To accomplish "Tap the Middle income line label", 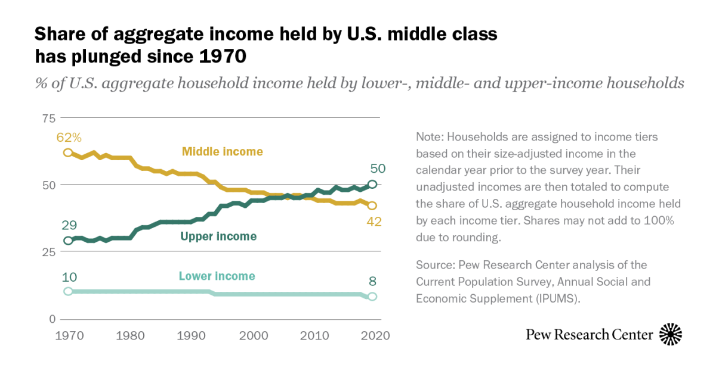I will tap(223, 152).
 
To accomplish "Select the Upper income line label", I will tap(218, 236).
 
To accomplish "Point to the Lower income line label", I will tap(217, 276).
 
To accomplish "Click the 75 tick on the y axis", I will tap(47, 118).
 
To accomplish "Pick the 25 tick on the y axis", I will tap(47, 252).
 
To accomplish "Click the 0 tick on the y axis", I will tap(51, 319).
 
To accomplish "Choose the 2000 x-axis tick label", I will tap(251, 335).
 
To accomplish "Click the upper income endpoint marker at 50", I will tap(373, 185).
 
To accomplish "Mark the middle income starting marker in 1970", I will tap(68, 152).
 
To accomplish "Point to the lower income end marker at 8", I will tap(373, 296).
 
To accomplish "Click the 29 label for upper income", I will tap(68, 225).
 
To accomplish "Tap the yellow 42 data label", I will tap(374, 222).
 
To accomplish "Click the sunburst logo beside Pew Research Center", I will tap(671, 334).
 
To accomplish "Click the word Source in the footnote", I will tap(433, 264).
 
